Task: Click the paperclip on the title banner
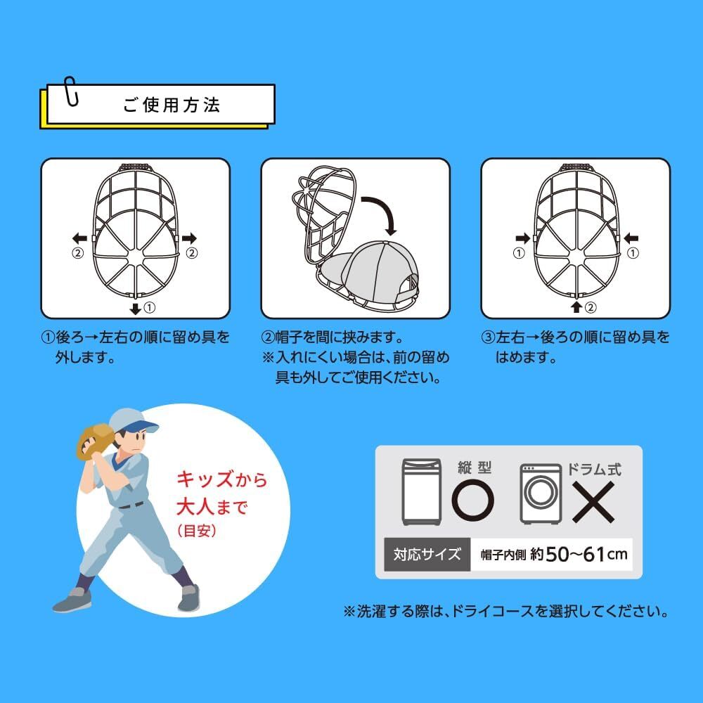click(71, 91)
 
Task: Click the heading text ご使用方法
click(172, 105)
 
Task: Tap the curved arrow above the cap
click(380, 214)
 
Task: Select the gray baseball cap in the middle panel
click(368, 271)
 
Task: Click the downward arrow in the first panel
click(136, 309)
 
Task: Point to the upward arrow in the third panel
click(577, 307)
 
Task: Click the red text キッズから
click(222, 479)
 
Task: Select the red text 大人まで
click(212, 507)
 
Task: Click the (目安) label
click(197, 531)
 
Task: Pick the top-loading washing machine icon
click(421, 492)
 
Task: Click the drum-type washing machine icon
click(541, 494)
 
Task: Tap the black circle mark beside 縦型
click(473, 500)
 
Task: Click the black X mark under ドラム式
click(593, 502)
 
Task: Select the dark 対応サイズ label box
click(427, 555)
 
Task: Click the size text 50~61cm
click(586, 555)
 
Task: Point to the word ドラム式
click(594, 469)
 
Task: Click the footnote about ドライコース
click(505, 612)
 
